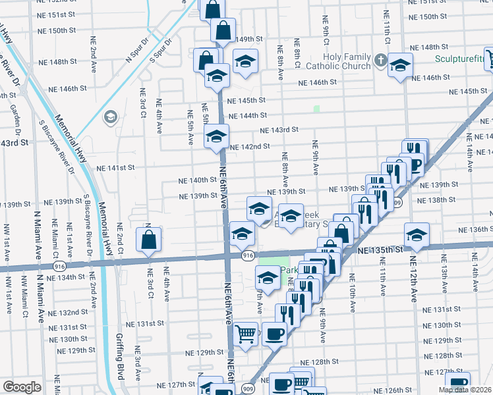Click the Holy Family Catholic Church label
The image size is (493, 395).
[x=347, y=61]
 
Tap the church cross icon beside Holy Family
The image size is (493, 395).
[x=380, y=61]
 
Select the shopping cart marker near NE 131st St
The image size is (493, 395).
[x=246, y=334]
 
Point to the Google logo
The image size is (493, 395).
[x=21, y=387]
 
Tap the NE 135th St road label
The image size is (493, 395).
[x=380, y=250]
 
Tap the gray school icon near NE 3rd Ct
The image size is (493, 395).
[x=110, y=118]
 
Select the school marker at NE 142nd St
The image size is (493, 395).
[x=216, y=138]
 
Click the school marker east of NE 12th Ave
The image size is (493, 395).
[x=417, y=235]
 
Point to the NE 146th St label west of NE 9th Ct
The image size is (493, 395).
[x=318, y=83]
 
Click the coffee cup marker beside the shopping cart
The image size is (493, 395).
[x=275, y=334]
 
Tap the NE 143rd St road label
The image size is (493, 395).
[x=279, y=130]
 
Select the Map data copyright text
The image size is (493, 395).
[x=465, y=390]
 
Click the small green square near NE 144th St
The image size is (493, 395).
[x=316, y=109]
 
